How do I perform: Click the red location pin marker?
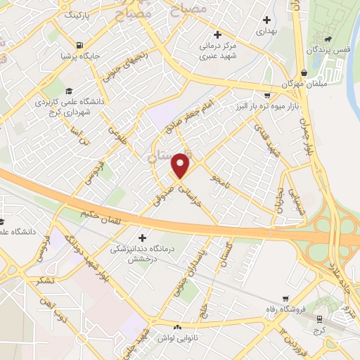point(181,165)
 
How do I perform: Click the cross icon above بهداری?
point(266,20)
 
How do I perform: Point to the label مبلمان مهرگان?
point(302,84)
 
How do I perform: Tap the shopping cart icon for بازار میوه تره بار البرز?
point(266,95)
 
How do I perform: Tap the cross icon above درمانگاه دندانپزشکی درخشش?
point(145,237)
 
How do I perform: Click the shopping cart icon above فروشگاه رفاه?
point(285,299)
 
